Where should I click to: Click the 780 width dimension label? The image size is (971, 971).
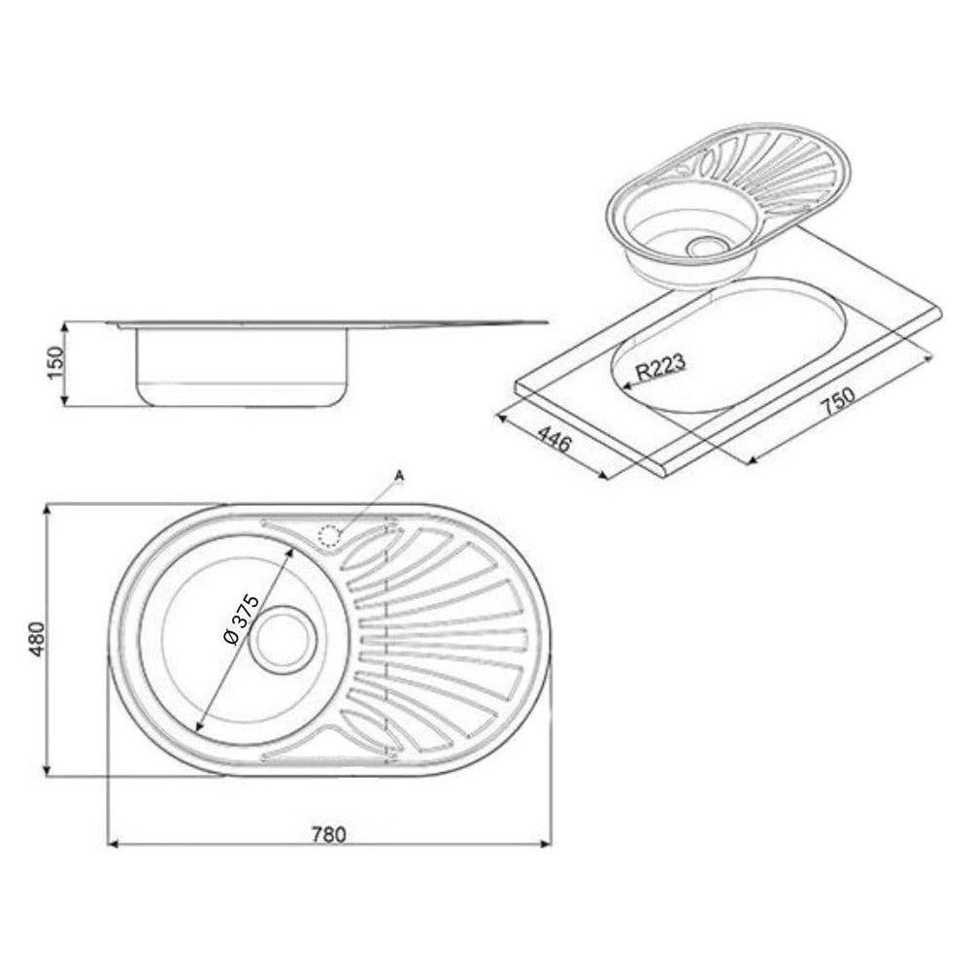329,834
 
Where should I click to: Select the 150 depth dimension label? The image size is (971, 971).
55,363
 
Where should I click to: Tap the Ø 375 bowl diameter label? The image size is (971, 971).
240,620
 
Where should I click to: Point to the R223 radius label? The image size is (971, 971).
661,367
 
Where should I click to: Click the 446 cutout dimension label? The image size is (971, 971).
553,439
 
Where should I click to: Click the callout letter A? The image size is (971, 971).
399,476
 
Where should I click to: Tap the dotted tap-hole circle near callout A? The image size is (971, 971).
329,536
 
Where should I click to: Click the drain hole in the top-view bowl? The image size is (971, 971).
283,640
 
